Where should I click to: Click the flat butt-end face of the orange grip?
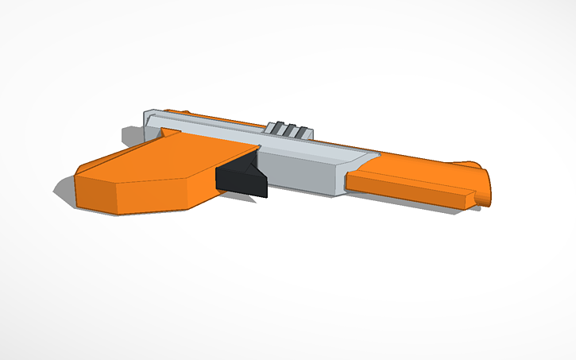point(95,195)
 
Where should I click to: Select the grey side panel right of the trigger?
point(302,175)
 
